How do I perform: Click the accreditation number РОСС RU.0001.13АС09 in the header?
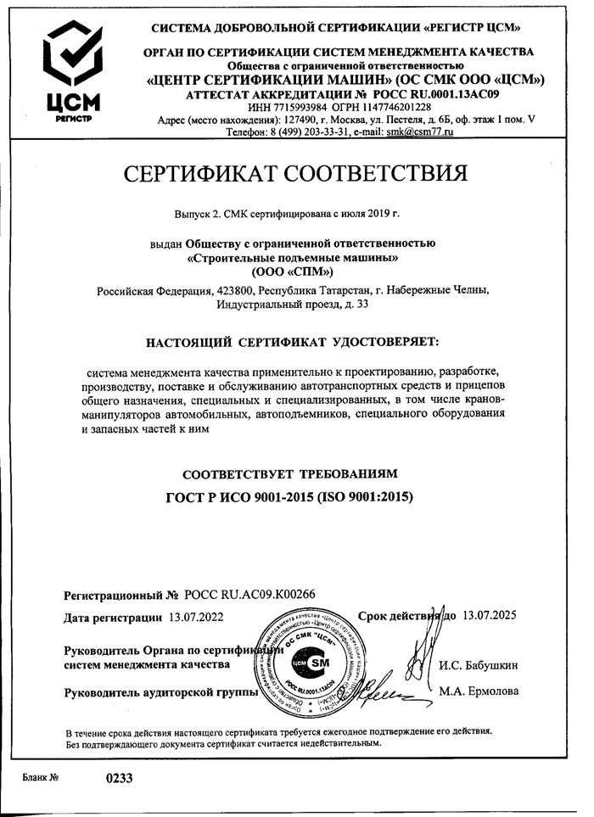pyautogui.click(x=426, y=94)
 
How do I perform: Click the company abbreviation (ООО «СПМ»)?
pyautogui.click(x=293, y=271)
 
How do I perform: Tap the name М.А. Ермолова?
pyautogui.click(x=479, y=691)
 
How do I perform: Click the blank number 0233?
pyautogui.click(x=119, y=776)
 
